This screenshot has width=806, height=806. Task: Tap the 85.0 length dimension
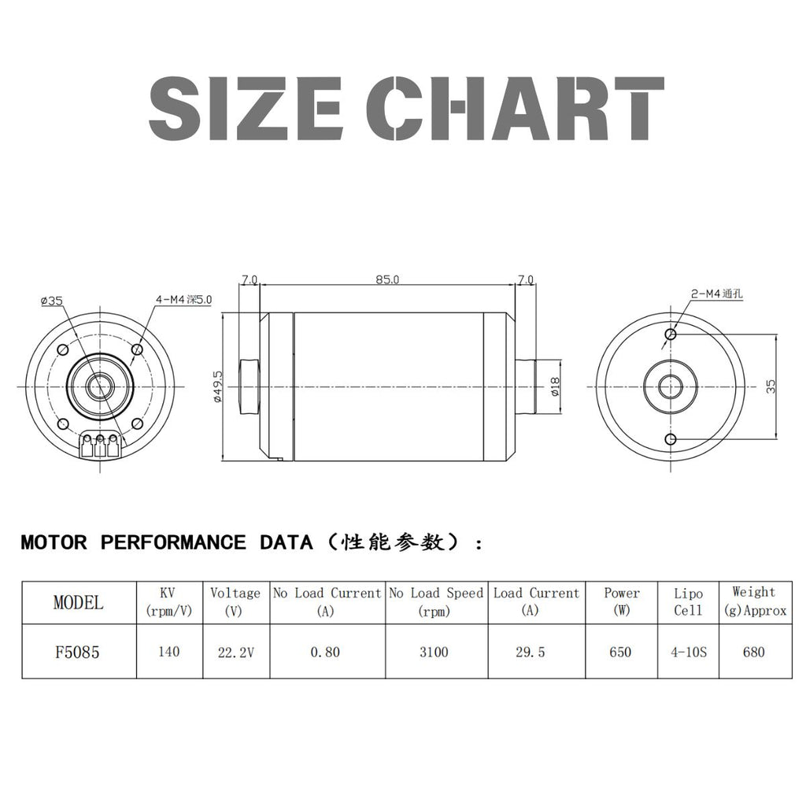(x=387, y=279)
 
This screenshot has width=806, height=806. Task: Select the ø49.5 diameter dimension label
(x=217, y=386)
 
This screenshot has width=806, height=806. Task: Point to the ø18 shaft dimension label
(x=554, y=386)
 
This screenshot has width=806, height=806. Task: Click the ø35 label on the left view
(x=52, y=300)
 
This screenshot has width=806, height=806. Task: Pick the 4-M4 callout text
(x=183, y=299)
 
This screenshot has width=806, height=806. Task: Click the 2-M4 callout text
(x=716, y=294)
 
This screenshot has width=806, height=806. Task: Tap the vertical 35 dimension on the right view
(x=771, y=386)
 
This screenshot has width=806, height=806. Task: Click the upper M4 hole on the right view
(x=671, y=334)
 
